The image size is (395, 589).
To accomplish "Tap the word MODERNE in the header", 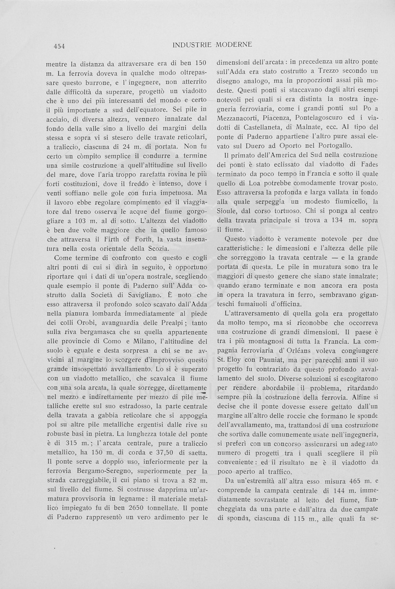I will (x=232, y=45).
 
